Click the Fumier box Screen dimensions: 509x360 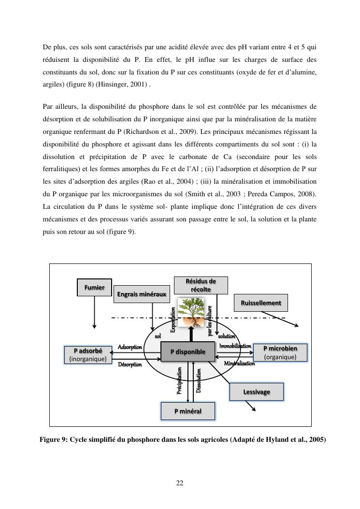click(94, 287)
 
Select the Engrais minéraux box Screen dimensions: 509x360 click(142, 294)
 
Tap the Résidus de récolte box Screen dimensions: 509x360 click(201, 285)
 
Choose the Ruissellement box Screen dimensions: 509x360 click(261, 303)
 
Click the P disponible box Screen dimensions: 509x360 click(188, 351)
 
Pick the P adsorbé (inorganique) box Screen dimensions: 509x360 click(88, 354)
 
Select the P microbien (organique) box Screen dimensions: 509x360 click(280, 352)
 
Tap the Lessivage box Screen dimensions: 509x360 click(256, 392)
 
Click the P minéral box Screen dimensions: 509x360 click(187, 411)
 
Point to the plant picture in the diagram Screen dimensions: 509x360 click(191, 312)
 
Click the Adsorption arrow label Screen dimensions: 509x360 click(130, 347)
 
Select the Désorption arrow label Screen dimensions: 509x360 click(130, 364)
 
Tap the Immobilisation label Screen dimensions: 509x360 click(235, 346)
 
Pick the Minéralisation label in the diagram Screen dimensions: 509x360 click(239, 364)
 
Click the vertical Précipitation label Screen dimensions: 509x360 click(179, 381)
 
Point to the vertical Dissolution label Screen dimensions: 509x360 click(198, 380)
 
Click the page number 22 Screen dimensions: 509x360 click(180, 482)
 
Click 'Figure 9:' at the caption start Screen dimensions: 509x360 click(54, 439)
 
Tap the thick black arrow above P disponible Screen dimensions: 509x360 click(191, 334)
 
